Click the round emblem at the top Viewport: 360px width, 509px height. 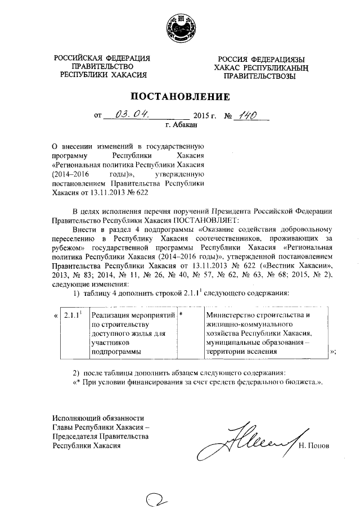180,28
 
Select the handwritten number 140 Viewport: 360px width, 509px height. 247,115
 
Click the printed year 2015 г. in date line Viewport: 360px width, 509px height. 201,117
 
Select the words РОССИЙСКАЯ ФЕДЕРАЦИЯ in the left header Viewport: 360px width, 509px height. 102,58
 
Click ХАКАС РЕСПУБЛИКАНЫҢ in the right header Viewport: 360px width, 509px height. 261,67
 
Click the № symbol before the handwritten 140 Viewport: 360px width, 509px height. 228,117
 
